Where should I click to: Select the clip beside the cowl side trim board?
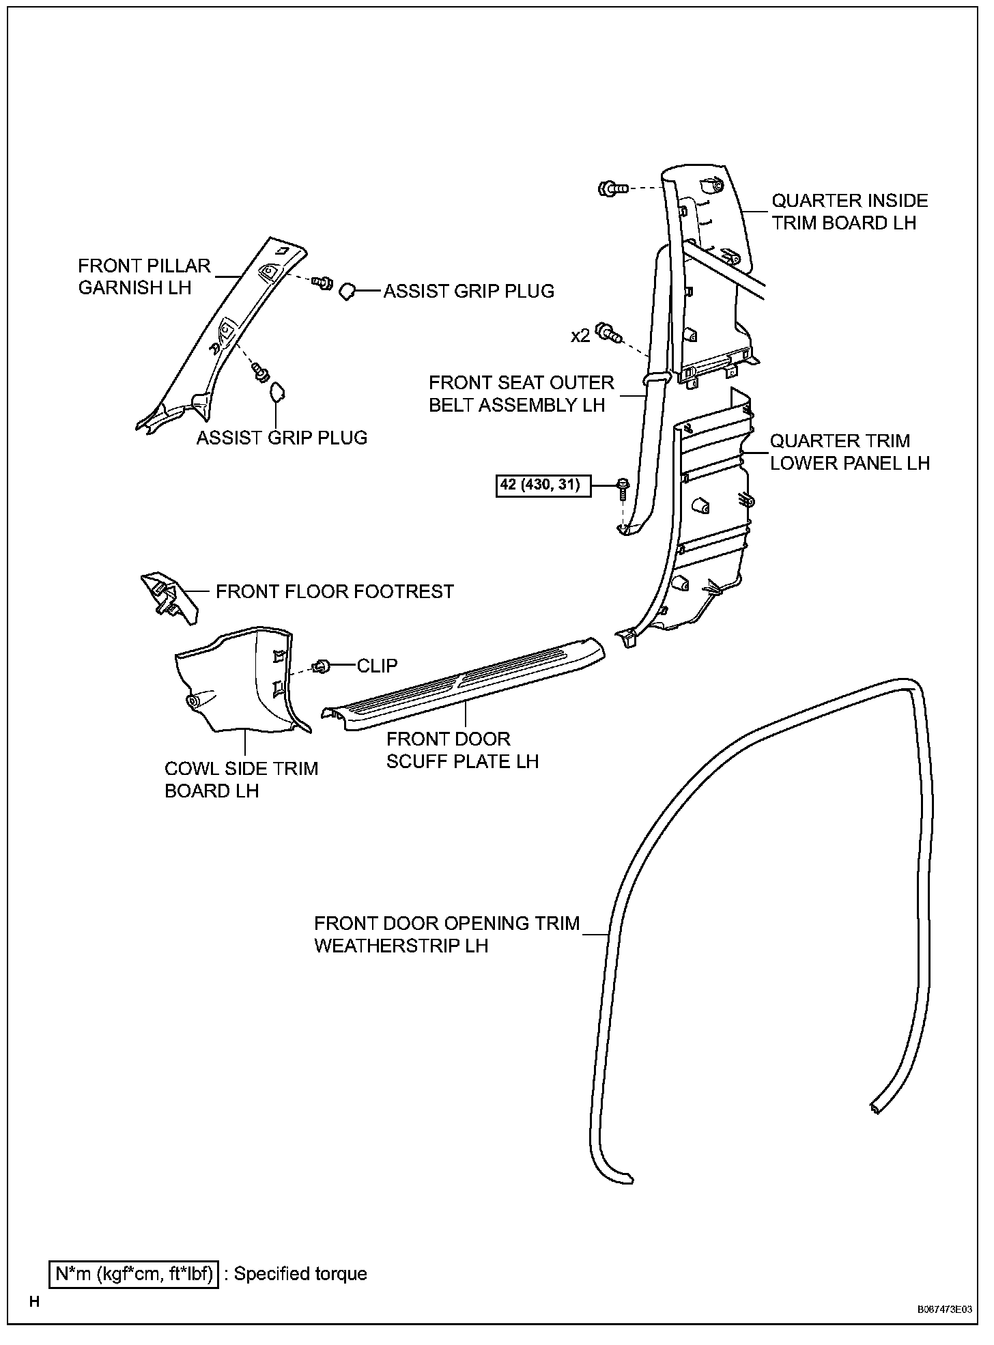coord(320,666)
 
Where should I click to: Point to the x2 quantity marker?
coord(580,336)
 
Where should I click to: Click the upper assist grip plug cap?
coord(347,292)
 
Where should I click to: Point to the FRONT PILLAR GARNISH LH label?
coord(144,277)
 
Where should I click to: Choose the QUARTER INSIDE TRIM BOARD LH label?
coord(849,212)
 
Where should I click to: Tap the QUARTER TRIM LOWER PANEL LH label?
coord(849,452)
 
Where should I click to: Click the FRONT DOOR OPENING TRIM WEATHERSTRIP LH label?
coord(446,934)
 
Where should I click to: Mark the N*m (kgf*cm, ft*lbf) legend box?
coord(134,1273)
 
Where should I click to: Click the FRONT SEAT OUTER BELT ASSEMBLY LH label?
coord(521,394)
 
